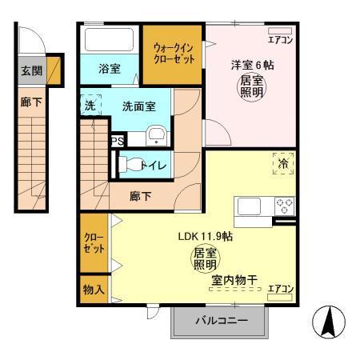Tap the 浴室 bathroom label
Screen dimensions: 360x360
point(110,69)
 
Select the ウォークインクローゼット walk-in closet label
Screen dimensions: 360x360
point(172,54)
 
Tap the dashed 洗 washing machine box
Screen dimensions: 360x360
point(90,106)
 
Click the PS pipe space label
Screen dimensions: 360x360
point(117,139)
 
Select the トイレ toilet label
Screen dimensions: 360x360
point(153,165)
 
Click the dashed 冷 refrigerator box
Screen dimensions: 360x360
point(282,162)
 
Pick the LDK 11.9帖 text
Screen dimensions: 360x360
point(205,237)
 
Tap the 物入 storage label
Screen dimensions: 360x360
point(93,288)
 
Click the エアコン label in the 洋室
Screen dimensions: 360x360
point(280,38)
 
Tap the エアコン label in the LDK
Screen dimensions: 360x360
point(281,288)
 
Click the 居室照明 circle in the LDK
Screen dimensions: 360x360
point(205,258)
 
